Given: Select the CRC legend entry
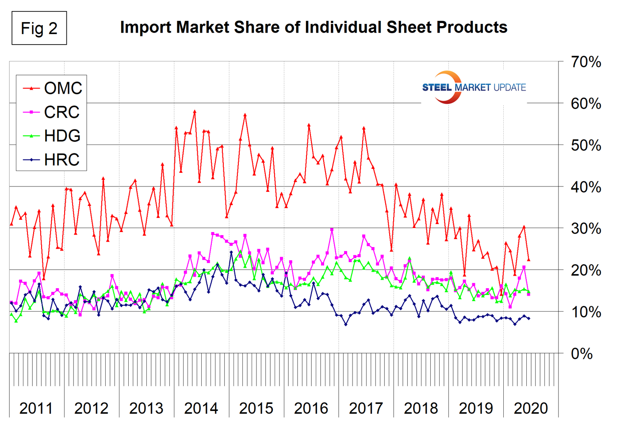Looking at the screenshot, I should (x=52, y=112).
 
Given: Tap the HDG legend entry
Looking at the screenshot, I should (x=52, y=136).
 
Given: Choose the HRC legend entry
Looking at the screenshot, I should (x=52, y=160).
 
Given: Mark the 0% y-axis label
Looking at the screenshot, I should (x=582, y=354).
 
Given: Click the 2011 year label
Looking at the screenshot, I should (x=36, y=408).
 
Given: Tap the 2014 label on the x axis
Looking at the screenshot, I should (x=201, y=408).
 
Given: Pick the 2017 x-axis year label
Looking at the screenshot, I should (x=366, y=408).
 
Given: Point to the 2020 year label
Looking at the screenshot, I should (x=531, y=408).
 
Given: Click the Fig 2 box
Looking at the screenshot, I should (x=39, y=29).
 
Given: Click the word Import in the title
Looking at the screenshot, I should (x=146, y=27).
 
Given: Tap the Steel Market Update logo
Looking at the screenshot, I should (x=474, y=87).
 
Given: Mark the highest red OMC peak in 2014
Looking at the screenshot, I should (x=195, y=111).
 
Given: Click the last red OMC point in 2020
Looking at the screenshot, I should (x=528, y=259).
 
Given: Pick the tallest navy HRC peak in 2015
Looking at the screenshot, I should (x=231, y=252).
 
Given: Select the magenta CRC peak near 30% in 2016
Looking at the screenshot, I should (x=332, y=229).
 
